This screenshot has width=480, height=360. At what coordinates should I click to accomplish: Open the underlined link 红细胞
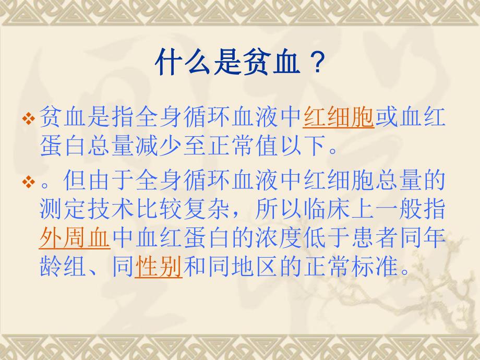[x=339, y=118]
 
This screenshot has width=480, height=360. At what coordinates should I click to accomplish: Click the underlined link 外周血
[x=75, y=239]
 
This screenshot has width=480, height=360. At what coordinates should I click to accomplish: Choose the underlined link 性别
[x=159, y=268]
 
